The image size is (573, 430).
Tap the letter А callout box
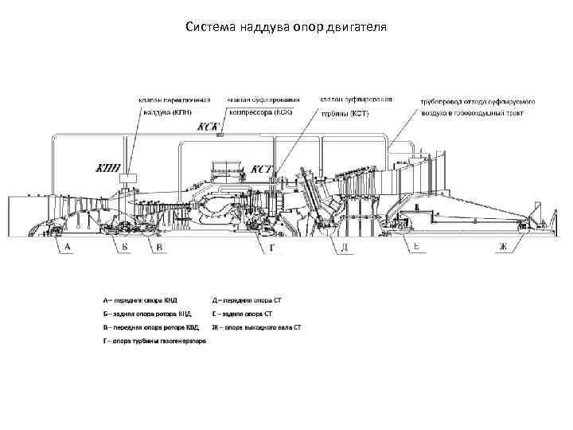pos(67,248)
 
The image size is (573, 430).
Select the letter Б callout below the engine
pos(125,248)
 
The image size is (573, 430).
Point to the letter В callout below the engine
pos(159,248)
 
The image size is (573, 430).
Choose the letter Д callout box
pos(345,248)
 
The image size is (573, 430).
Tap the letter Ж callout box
pos(502,248)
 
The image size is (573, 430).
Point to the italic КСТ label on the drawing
pos(263,169)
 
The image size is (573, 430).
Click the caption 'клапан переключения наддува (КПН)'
pos(175,107)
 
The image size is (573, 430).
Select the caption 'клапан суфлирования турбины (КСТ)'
pos(356,107)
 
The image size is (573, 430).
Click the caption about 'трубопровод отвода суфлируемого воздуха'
pos(477,107)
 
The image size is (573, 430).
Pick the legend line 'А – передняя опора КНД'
pos(140,301)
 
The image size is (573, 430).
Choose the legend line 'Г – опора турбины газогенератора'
pos(154,342)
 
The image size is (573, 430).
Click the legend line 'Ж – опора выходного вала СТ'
pos(256,327)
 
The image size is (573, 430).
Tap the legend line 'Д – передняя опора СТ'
pos(248,301)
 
